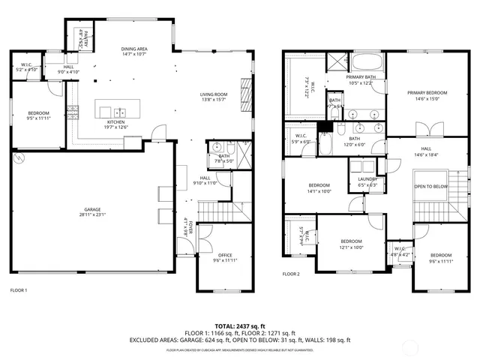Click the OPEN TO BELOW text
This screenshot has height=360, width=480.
pyautogui.click(x=431, y=186)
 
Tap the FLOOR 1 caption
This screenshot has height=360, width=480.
pyautogui.click(x=18, y=289)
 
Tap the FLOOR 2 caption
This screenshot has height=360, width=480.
pyautogui.click(x=291, y=274)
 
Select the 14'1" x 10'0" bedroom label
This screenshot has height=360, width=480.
pyautogui.click(x=319, y=187)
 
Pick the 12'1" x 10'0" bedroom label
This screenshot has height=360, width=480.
pyautogui.click(x=351, y=244)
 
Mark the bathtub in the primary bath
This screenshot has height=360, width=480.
pyautogui.click(x=367, y=62)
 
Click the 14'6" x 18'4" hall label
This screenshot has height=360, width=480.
pyautogui.click(x=430, y=151)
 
